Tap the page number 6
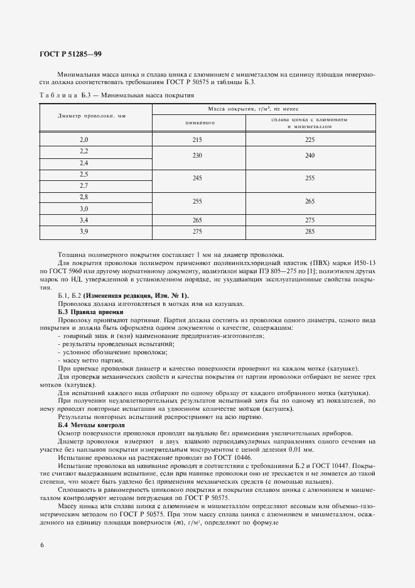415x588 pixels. pos(41,544)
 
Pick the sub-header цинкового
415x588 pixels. pos(197,122)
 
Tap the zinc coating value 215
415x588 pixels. pos(197,139)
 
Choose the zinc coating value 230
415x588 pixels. pos(197,156)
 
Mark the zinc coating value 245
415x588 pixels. pos(197,179)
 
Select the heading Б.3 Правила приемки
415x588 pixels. pos(90,312)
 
